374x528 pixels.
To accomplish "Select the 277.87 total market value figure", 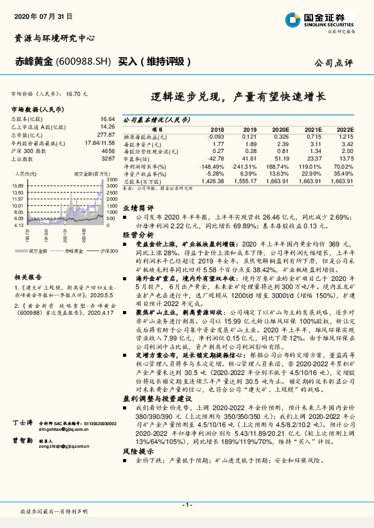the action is (105, 134).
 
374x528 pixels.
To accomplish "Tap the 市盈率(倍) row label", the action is (137, 159).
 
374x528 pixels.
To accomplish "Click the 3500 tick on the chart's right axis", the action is (110, 180).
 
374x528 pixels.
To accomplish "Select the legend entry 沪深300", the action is (109, 250).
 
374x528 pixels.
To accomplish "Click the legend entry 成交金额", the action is (38, 250).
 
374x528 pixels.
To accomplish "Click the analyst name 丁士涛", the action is (23, 389).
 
